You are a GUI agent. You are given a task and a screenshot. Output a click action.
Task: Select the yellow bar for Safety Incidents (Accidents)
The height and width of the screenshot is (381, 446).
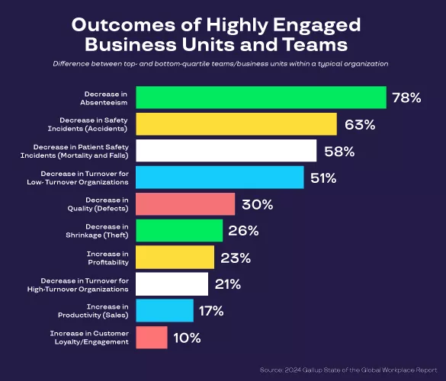tap(236, 124)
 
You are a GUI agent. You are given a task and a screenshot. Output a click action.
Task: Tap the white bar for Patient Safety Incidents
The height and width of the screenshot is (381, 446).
tap(226, 151)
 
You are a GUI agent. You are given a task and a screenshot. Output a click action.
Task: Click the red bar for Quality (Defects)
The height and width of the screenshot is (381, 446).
tap(185, 204)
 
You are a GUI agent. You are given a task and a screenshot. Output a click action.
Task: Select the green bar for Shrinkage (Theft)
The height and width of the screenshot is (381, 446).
tap(179, 231)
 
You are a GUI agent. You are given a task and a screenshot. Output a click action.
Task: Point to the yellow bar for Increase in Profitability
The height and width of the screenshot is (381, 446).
tap(175, 258)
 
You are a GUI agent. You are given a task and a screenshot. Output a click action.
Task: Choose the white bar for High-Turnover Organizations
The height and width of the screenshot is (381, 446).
tap(172, 284)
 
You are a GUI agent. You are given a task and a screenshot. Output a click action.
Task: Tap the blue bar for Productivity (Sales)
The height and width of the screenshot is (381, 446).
tap(165, 310)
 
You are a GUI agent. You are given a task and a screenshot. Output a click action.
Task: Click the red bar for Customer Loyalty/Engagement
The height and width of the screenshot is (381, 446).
tap(152, 337)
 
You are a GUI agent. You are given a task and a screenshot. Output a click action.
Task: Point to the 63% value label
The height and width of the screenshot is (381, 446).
tap(360, 125)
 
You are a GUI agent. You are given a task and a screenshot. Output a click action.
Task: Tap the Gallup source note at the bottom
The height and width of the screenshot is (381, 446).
tap(347, 370)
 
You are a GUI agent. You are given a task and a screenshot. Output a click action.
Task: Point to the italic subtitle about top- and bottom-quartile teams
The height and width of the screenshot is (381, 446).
tap(221, 64)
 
